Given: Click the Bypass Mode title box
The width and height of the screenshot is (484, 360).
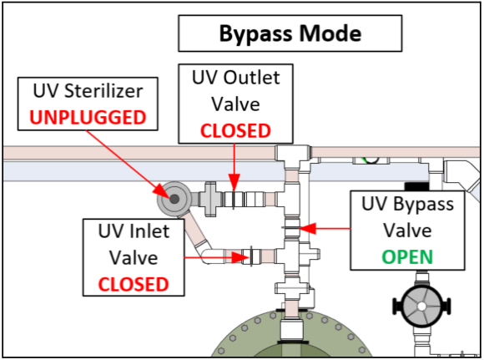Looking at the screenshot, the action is point(290,33).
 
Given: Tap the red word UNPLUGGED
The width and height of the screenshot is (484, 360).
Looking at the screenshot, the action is point(88,118).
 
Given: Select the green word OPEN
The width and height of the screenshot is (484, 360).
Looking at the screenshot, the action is point(407,256).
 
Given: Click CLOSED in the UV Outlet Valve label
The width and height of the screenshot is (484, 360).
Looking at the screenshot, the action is point(235,130).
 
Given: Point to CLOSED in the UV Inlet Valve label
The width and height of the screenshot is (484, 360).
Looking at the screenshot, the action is point(134,284).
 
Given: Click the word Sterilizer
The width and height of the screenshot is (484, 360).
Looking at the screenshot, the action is point(103,91).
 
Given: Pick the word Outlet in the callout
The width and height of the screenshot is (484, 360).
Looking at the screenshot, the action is point(251,77).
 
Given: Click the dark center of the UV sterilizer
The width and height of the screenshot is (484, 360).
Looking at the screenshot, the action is point(174,199).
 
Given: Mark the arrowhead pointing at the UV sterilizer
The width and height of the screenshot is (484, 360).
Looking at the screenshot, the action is point(161,190).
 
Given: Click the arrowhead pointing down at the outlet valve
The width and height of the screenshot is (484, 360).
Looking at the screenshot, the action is point(234,182).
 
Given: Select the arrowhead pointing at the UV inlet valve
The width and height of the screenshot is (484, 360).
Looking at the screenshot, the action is point(240,257).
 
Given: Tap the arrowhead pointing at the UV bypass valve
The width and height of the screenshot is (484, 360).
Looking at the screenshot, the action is point(307,229).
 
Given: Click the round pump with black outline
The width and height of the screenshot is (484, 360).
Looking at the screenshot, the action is point(421,307).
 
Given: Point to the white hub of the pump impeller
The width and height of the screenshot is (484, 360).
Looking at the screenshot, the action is point(421,307).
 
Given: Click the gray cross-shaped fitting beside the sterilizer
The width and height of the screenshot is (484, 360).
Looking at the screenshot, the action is point(210,199).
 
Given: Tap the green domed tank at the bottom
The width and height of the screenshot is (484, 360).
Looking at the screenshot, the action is point(291,334).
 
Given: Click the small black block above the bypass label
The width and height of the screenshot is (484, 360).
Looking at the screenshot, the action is point(416,186).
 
